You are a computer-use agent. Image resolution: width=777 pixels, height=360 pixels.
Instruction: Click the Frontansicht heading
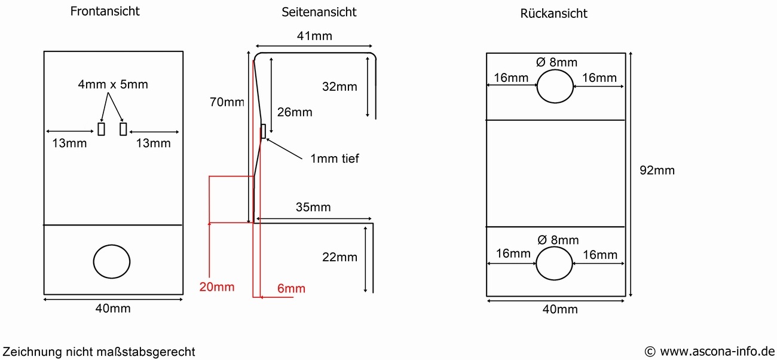click(105, 11)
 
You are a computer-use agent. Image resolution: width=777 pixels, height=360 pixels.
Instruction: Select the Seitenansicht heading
click(319, 12)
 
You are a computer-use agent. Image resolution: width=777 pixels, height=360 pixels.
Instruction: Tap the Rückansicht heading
click(553, 13)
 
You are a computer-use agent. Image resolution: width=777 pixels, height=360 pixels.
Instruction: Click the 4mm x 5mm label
click(113, 84)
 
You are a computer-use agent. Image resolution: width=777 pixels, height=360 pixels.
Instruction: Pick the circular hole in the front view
click(112, 261)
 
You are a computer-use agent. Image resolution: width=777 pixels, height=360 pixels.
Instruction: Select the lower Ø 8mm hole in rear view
click(555, 264)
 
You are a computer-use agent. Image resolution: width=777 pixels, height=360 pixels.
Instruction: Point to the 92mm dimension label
click(657, 170)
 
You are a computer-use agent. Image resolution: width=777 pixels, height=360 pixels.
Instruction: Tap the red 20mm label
click(217, 287)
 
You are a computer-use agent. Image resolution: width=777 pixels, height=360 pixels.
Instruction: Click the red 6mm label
click(292, 289)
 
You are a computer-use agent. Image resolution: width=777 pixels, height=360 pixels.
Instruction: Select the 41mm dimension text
click(314, 36)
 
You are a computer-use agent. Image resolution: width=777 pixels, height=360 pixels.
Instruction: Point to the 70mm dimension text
click(227, 102)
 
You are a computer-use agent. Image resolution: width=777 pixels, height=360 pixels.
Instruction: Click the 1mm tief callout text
click(335, 158)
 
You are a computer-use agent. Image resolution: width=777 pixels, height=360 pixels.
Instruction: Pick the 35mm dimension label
click(313, 208)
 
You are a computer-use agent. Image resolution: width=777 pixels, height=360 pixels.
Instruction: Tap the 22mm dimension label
click(339, 257)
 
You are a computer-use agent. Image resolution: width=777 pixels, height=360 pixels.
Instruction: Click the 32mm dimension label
click(339, 87)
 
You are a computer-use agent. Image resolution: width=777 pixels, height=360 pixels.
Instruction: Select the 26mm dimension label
click(295, 112)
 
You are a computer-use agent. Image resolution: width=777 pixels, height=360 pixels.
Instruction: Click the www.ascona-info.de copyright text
click(709, 351)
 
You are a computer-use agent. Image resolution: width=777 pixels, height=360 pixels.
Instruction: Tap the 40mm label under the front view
click(113, 309)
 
